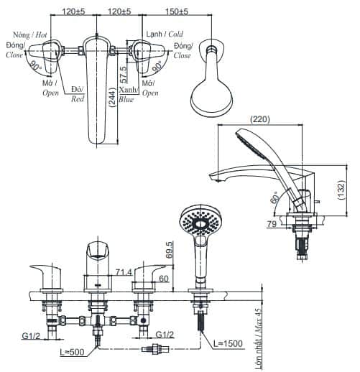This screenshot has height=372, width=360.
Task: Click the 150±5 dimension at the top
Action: [177, 11]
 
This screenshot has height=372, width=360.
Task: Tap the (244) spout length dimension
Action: [112, 97]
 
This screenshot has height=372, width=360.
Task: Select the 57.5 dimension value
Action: [124, 74]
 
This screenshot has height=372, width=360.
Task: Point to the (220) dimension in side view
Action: [260, 119]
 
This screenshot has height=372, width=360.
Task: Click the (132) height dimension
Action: [341, 190]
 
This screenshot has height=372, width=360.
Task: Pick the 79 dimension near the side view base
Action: [272, 224]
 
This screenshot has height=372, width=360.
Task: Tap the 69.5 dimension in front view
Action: [169, 250]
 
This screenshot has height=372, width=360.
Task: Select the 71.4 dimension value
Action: [124, 272]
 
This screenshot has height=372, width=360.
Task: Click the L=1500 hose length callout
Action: [228, 343]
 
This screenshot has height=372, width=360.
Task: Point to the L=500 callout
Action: [72, 352]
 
